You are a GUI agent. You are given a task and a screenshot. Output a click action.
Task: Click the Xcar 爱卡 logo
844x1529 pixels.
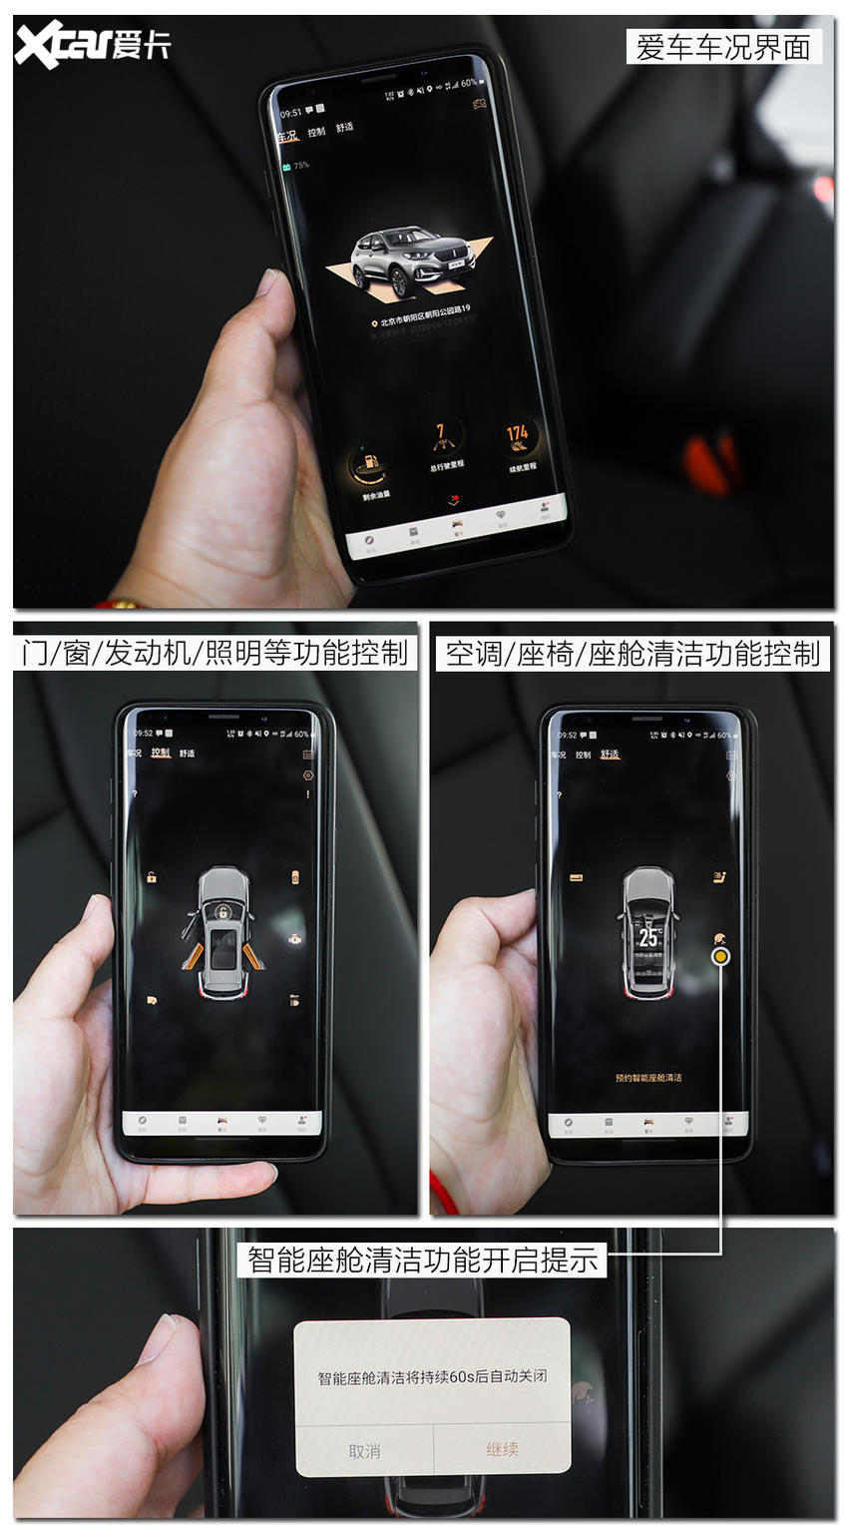[92, 45]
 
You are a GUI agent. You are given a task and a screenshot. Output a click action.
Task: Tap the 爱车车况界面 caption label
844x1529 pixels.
[723, 48]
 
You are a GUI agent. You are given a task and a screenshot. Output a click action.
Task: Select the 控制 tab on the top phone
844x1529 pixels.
[316, 132]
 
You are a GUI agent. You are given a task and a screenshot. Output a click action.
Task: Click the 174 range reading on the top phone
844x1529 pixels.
[517, 434]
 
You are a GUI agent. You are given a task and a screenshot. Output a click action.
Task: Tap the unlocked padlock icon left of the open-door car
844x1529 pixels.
[152, 877]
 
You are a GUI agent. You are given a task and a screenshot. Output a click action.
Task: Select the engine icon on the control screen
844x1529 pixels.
[294, 939]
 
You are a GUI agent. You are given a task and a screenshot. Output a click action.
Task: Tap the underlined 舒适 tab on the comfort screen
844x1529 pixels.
[610, 755]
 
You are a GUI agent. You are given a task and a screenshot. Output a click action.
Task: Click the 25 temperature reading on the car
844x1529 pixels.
[648, 937]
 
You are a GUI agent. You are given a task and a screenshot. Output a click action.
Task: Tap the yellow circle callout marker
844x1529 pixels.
[720, 956]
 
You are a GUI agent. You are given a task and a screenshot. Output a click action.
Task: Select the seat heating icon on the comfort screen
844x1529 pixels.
[718, 877]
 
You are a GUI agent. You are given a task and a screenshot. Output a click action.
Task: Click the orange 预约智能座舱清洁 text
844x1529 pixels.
[648, 1078]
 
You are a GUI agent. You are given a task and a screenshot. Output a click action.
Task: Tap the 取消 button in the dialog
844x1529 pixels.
[364, 1451]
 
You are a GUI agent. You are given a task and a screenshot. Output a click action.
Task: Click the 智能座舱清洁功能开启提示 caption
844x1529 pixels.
[423, 1260]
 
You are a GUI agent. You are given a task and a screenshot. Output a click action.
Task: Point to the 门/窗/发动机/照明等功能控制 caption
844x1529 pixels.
[214, 654]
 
